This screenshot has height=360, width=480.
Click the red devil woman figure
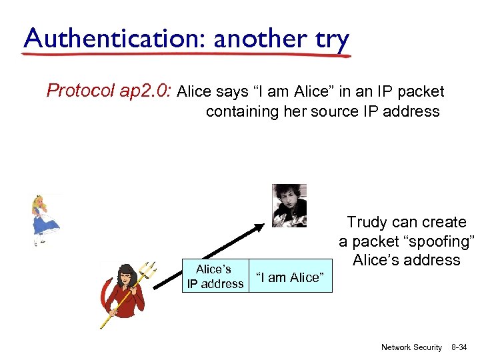click(x=124, y=293)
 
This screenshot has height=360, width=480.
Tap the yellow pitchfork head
click(x=148, y=270)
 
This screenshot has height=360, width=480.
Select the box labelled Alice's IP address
click(x=215, y=277)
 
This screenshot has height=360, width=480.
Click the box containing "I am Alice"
click(x=290, y=277)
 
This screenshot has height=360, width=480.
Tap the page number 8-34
click(x=460, y=347)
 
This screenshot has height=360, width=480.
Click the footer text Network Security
click(x=411, y=347)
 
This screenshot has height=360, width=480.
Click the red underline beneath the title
click(x=187, y=55)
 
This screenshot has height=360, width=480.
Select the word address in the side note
click(x=433, y=260)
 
